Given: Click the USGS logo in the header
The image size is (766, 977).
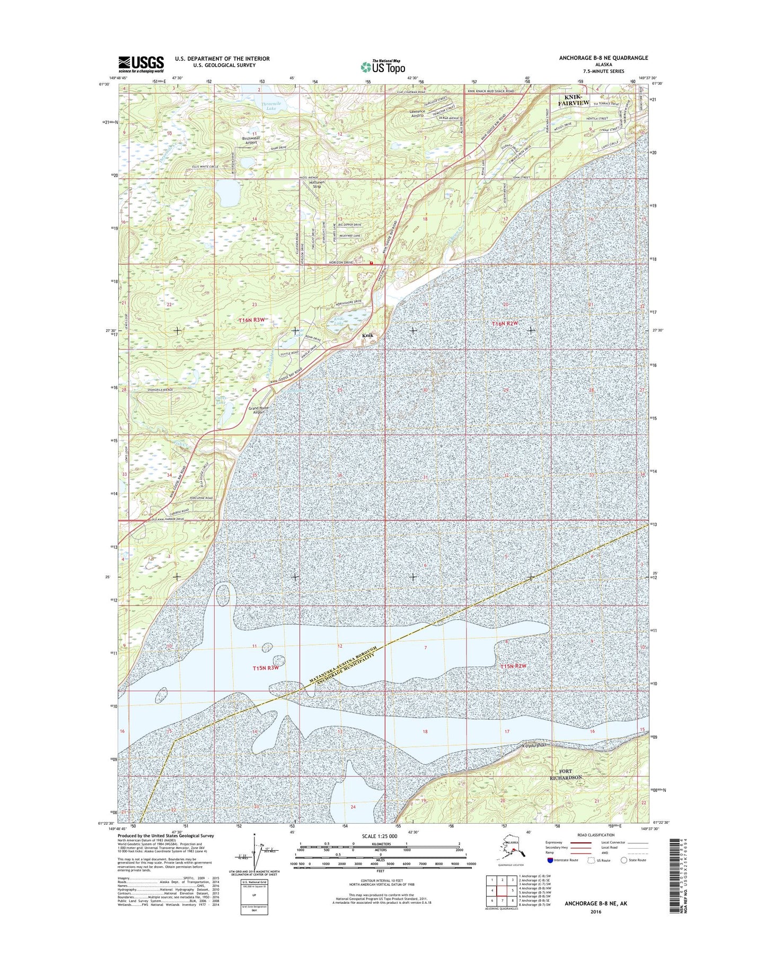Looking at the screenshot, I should [x=140, y=64].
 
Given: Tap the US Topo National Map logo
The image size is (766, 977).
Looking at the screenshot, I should [x=383, y=66].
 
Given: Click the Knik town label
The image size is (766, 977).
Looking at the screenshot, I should [x=368, y=336].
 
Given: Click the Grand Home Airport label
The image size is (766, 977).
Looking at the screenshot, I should [x=259, y=410].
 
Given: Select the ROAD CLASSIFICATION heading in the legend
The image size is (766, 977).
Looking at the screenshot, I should [x=596, y=835].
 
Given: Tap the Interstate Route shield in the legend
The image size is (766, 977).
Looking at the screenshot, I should [x=550, y=860].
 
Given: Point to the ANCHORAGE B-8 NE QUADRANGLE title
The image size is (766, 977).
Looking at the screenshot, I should [x=603, y=58].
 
